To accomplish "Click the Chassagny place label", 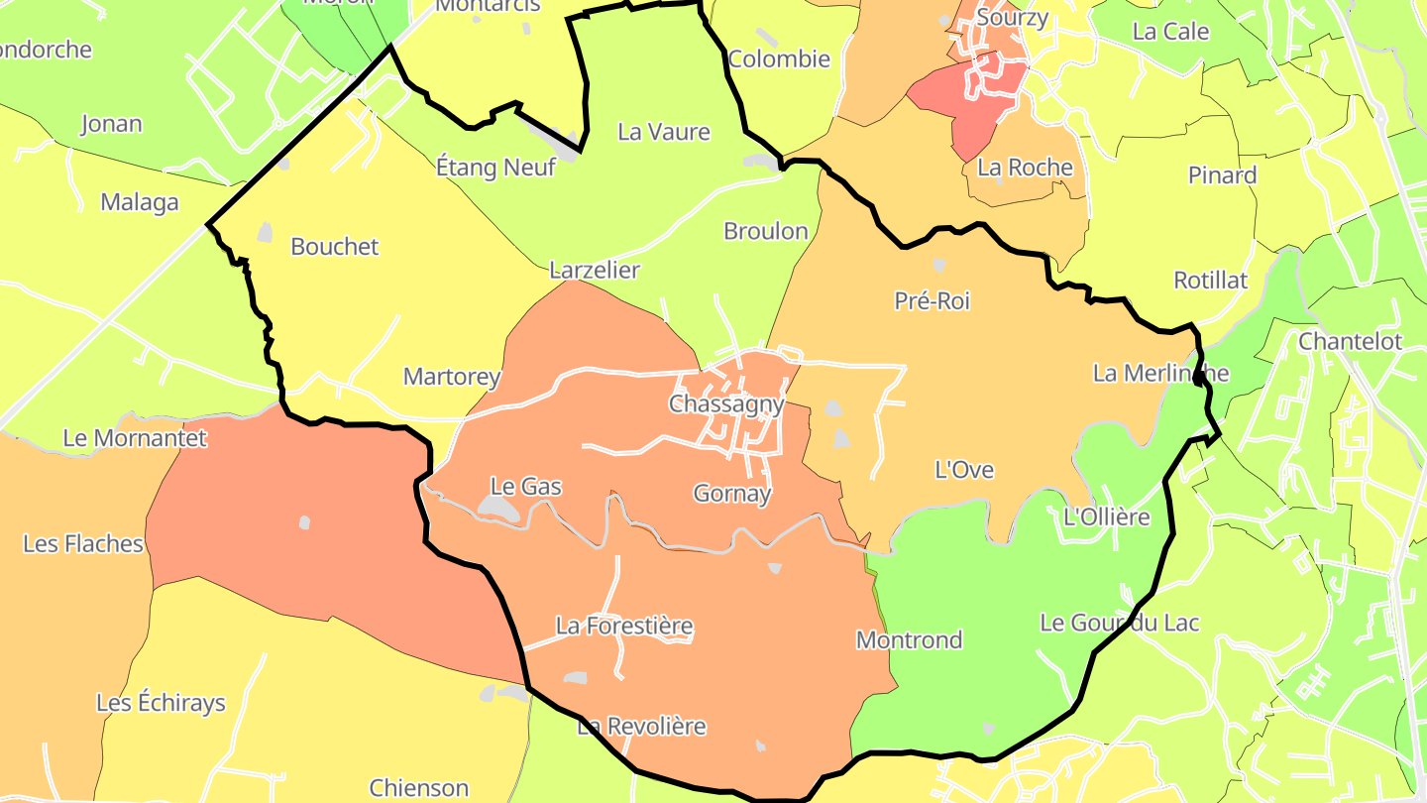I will [x=726, y=403].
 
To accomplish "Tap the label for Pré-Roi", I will [x=932, y=300].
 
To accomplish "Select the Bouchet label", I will [x=335, y=247].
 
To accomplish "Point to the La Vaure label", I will [x=664, y=132].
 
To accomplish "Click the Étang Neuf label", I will [x=495, y=168].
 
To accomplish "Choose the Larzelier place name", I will [x=595, y=270].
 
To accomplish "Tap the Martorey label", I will [x=452, y=377].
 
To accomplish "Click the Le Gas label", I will [x=526, y=487].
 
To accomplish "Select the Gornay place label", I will [x=732, y=493].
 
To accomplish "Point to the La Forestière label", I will [x=624, y=626].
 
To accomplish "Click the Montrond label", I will [x=909, y=639].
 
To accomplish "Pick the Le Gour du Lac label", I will [x=1120, y=623].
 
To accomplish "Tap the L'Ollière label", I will [x=1106, y=516].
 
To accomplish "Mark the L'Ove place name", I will [x=964, y=470].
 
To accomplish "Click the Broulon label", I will [x=766, y=231].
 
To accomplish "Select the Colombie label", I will [x=779, y=58].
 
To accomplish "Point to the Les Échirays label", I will [x=161, y=703].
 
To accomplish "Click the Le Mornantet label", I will [x=135, y=437].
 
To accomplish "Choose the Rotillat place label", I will [x=1211, y=280].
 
